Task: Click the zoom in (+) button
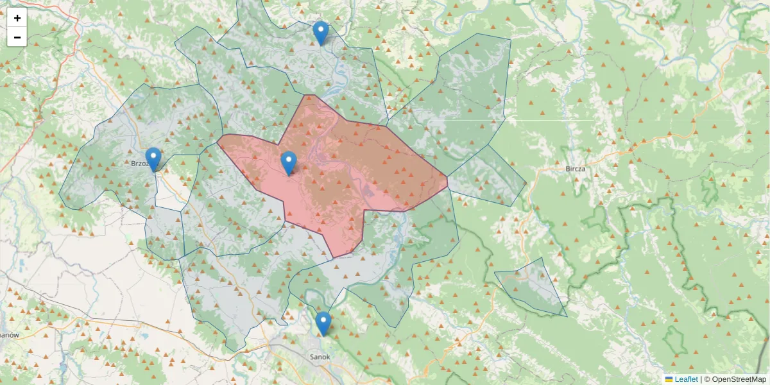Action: coord(17,18)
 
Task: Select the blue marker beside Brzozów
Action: coord(153,159)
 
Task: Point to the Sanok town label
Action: coord(320,357)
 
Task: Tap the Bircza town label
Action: coord(576,169)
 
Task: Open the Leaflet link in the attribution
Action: coord(686,379)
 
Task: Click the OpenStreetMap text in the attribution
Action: coord(739,379)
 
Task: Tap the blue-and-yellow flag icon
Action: coord(669,379)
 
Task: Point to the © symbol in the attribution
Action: coord(707,379)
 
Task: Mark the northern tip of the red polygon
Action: coord(309,96)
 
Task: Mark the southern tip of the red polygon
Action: coord(334,258)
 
